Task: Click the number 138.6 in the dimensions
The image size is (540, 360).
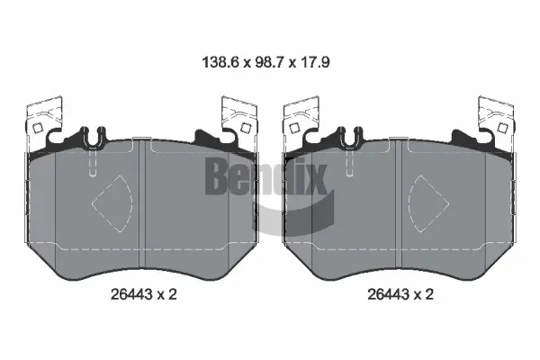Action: pos(218,65)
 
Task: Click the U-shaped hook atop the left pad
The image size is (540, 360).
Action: pos(92,139)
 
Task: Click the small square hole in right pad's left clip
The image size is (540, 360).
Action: pos(295,128)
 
